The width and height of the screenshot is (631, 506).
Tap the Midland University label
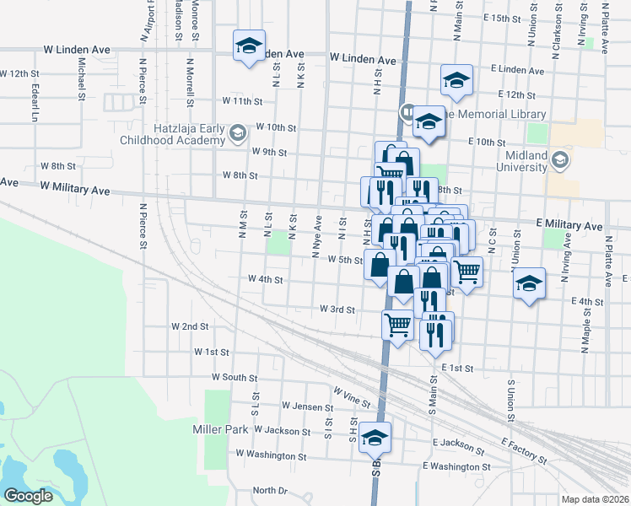[533, 161]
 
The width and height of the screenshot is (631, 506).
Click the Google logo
[28, 496]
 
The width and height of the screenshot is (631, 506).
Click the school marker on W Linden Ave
[249, 46]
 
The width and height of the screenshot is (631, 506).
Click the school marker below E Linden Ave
[456, 80]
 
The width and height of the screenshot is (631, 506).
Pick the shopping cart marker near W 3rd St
[397, 324]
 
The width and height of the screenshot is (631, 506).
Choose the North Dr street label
[270, 490]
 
